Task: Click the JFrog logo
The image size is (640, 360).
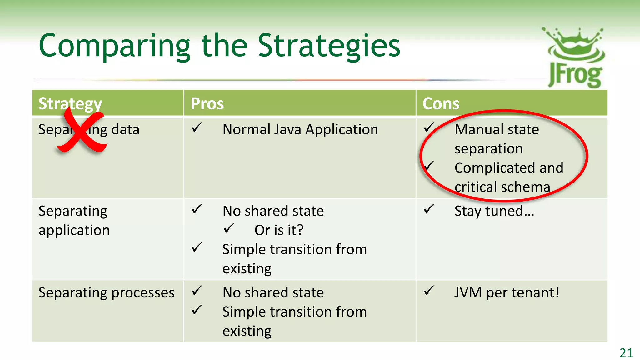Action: (x=574, y=58)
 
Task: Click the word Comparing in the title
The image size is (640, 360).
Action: (x=114, y=46)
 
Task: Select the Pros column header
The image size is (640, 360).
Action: (x=207, y=103)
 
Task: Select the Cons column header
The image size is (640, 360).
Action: (x=441, y=103)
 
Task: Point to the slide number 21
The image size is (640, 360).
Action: (x=626, y=353)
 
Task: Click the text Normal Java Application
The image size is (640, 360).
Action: (x=300, y=129)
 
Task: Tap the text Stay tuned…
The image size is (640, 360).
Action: (x=494, y=211)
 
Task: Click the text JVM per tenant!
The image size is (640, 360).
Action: (x=506, y=293)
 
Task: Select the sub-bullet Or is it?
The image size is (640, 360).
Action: (x=279, y=230)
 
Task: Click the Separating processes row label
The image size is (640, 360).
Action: (x=106, y=293)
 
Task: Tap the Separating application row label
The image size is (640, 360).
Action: (x=74, y=221)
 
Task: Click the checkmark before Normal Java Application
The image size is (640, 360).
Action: (x=197, y=127)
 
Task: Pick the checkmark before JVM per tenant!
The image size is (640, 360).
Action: (x=429, y=291)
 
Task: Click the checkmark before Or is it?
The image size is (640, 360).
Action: (x=229, y=228)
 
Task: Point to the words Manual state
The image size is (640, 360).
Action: (x=497, y=129)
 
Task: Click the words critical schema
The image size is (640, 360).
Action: (x=502, y=187)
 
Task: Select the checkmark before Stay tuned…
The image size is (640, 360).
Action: (x=429, y=209)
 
